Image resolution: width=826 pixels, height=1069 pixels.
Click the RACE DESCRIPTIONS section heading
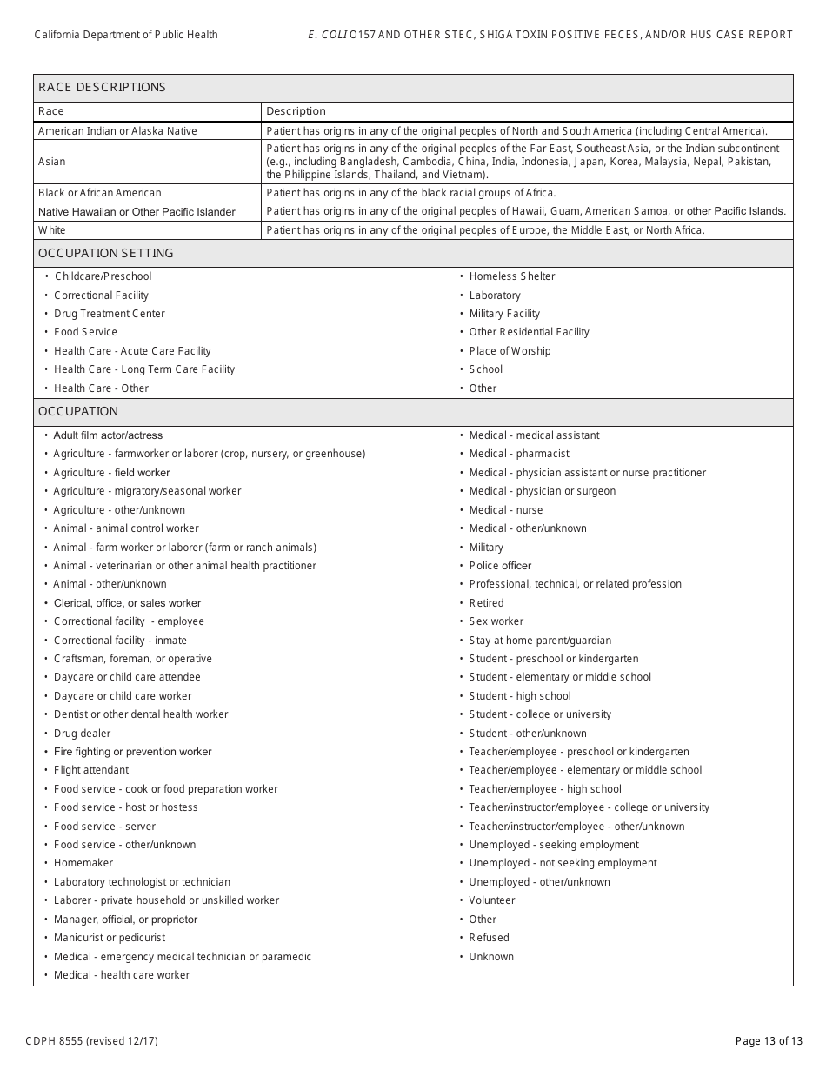102,87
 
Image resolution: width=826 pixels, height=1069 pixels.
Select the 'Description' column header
296,111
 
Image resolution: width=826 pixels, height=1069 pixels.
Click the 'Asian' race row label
51,162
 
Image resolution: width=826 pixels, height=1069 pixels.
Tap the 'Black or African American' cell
99,193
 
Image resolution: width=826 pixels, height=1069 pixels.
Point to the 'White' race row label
51,230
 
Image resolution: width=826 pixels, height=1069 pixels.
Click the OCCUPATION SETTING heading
105,253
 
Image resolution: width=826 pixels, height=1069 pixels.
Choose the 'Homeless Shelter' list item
511,276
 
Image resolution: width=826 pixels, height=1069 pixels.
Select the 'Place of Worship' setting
510,351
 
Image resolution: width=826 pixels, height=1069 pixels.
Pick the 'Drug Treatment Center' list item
109,314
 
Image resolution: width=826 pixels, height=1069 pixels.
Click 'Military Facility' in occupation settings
504,314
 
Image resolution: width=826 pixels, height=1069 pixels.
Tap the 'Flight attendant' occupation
90,770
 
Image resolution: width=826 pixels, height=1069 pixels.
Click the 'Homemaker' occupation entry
83,863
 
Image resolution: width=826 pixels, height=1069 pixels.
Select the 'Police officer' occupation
500,566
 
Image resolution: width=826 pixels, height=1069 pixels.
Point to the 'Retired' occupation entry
486,603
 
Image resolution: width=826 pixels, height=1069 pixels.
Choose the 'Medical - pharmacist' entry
519,454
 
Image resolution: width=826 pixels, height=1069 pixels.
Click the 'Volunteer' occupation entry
491,900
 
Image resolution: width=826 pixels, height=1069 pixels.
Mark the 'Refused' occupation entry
489,938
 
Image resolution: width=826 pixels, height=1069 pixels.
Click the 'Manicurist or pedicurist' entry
109,938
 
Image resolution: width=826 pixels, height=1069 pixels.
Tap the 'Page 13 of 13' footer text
763,1040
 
